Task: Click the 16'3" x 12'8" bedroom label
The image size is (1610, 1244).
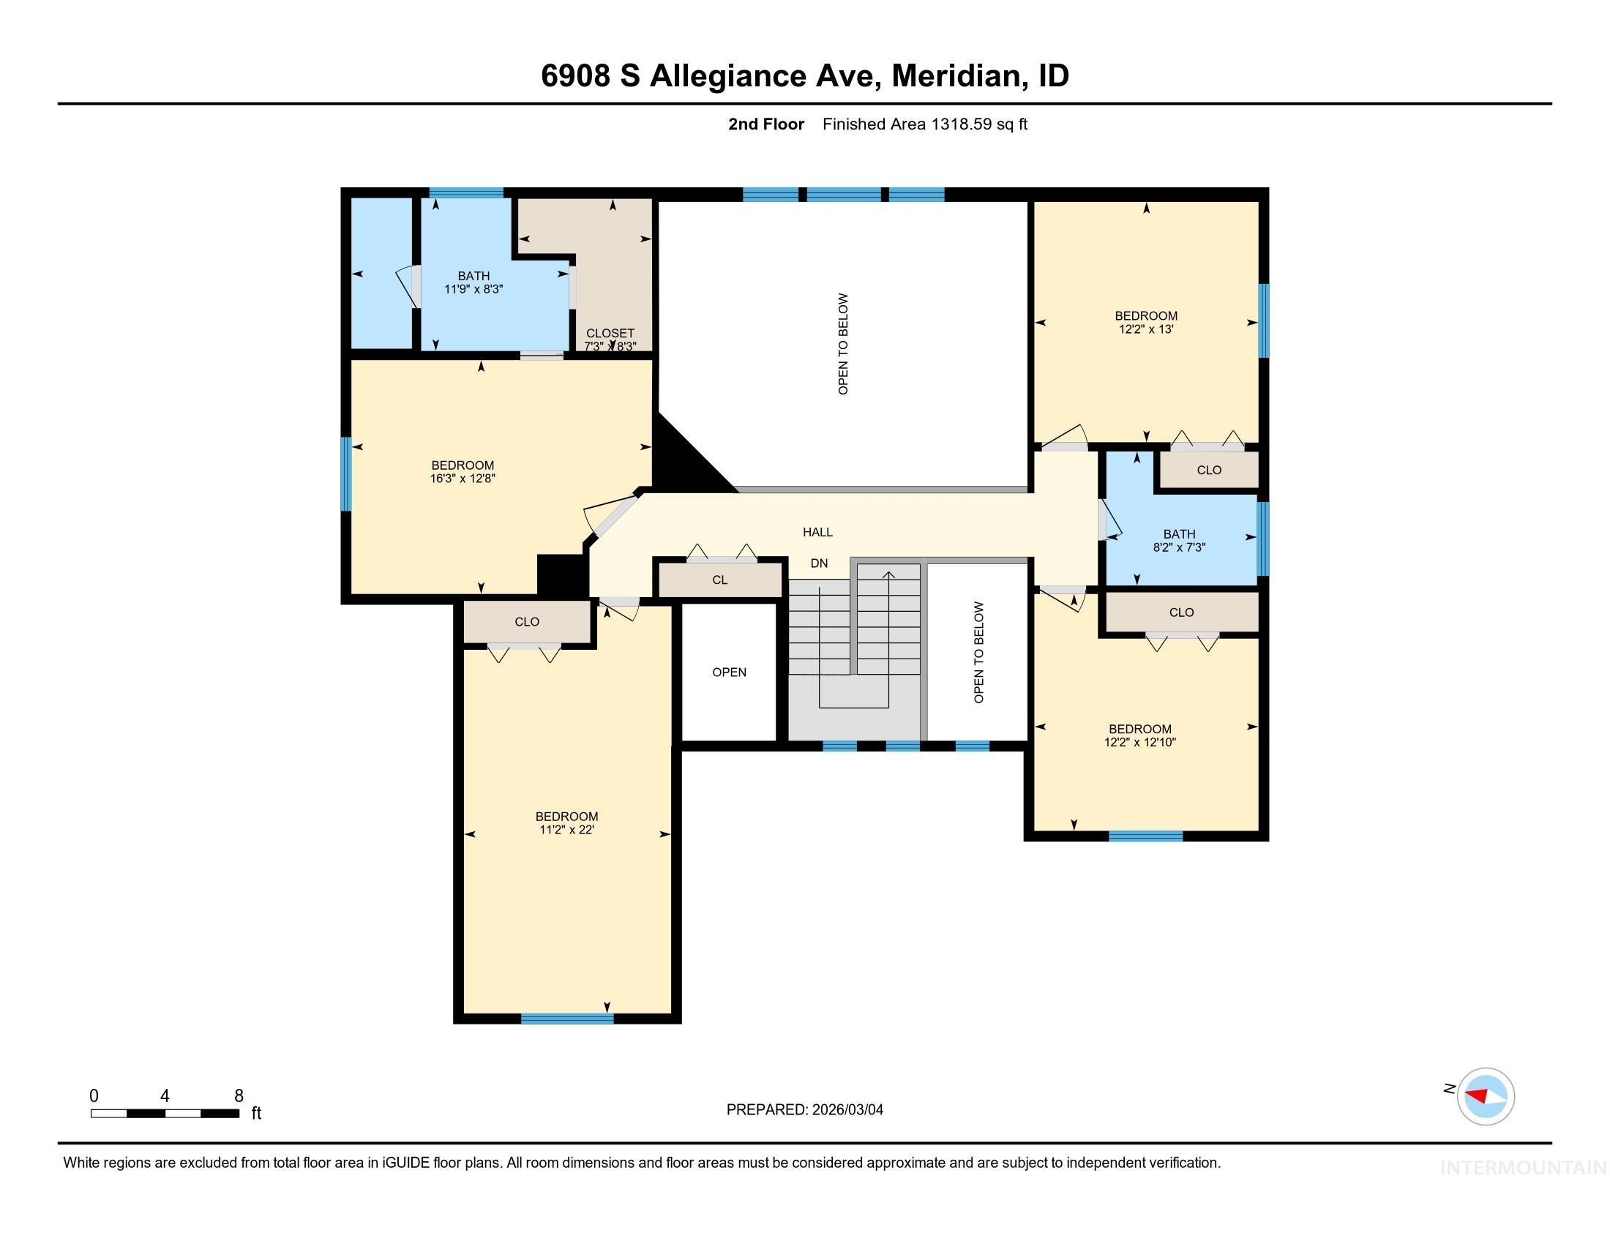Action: [463, 472]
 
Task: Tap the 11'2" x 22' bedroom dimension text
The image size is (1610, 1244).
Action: [566, 830]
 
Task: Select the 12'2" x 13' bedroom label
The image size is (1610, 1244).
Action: [1145, 322]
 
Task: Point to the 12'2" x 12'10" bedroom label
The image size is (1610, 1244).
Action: [1139, 735]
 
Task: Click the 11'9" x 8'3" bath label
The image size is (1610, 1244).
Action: [473, 282]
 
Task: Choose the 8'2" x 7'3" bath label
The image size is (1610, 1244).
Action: [1179, 540]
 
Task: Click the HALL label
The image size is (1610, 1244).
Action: [817, 532]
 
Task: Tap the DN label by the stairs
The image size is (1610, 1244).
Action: [819, 563]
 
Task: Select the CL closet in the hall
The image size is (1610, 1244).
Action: [720, 580]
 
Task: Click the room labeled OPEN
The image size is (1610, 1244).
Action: [729, 672]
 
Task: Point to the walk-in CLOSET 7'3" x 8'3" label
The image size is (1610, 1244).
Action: [610, 340]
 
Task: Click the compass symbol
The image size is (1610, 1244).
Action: [1485, 1096]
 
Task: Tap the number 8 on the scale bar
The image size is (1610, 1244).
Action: [239, 1096]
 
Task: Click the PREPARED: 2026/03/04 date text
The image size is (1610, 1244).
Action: [804, 1110]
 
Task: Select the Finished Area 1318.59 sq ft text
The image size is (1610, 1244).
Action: [924, 124]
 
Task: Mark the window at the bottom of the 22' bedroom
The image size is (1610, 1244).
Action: [567, 1019]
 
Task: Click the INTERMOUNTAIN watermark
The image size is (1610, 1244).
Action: [1523, 1167]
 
